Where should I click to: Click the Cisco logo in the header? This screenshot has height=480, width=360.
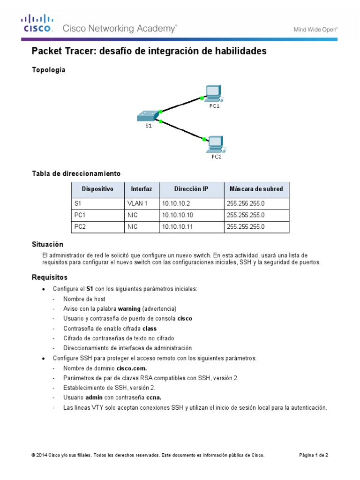tap(37, 23)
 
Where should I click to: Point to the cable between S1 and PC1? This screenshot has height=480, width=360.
tap(181, 105)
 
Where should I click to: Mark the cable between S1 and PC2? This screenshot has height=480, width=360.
tap(182, 130)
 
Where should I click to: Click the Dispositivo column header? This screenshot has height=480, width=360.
tap(97, 189)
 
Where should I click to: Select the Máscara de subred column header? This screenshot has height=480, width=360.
tap(256, 189)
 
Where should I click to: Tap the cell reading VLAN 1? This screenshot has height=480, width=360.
tap(137, 203)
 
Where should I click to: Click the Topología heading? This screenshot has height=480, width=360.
tap(49, 70)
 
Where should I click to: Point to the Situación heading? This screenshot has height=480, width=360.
tap(47, 245)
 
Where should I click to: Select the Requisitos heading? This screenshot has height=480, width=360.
tap(50, 277)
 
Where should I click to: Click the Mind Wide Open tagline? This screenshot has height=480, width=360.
tap(315, 30)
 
